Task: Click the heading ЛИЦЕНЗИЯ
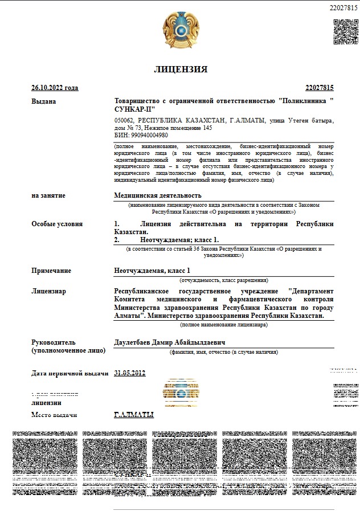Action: click(x=181, y=70)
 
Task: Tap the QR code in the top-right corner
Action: click(x=346, y=31)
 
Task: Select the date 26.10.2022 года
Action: click(x=55, y=88)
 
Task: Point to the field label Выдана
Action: click(x=44, y=101)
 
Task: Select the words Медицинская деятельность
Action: click(x=150, y=195)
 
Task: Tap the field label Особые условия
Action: click(x=57, y=224)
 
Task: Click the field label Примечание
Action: click(x=51, y=271)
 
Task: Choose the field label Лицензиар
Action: click(x=49, y=291)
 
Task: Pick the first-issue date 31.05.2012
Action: click(x=130, y=373)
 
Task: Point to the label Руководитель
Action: click(x=53, y=342)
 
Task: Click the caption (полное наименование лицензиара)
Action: click(x=224, y=325)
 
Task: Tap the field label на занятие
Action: click(x=48, y=195)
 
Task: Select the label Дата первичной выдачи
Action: click(x=69, y=374)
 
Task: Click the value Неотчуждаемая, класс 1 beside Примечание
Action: click(x=152, y=271)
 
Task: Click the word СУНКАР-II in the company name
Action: click(x=134, y=109)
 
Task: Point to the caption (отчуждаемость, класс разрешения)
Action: click(x=224, y=280)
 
